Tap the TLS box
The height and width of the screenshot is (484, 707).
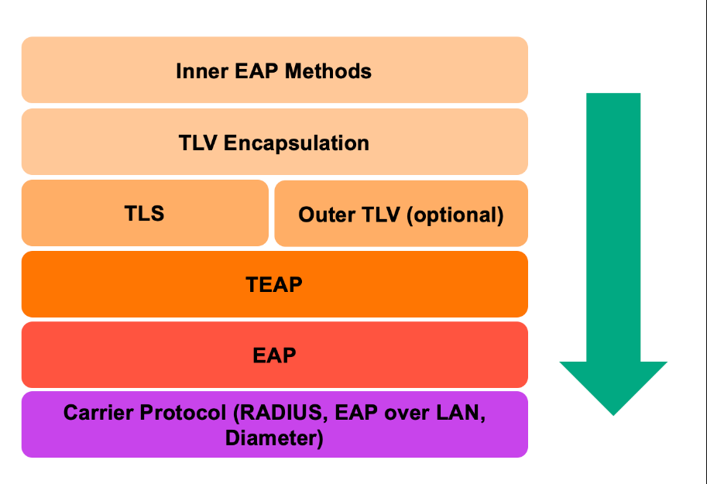tap(145, 214)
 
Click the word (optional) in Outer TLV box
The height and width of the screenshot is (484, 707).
tap(455, 215)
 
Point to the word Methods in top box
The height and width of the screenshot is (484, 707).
tap(328, 72)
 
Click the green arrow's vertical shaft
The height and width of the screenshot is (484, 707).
tap(613, 225)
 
